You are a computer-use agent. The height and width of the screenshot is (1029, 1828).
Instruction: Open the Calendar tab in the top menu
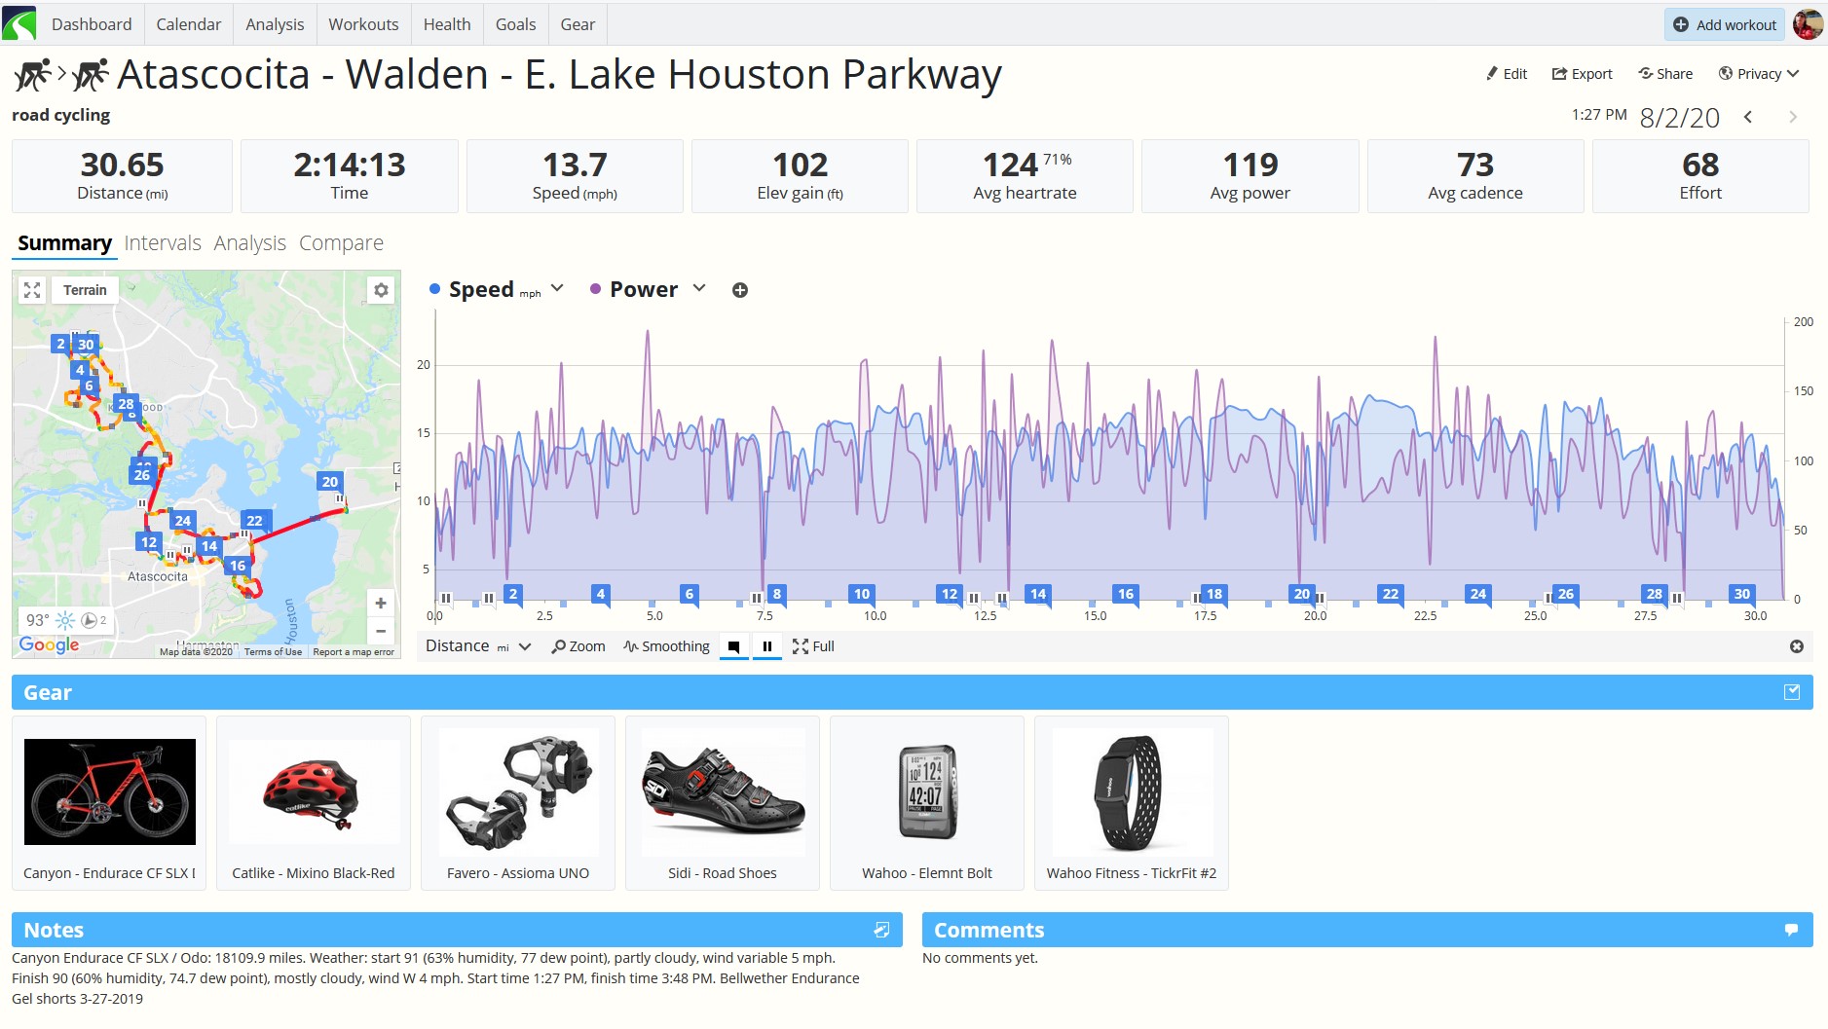(x=188, y=24)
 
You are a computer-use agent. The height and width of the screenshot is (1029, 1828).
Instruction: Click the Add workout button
(x=1724, y=24)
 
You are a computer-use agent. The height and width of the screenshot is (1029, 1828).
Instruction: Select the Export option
(x=1582, y=74)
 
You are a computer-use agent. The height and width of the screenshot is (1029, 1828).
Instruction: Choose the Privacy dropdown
(x=1758, y=74)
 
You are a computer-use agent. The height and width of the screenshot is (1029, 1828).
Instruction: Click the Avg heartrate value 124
(x=1010, y=165)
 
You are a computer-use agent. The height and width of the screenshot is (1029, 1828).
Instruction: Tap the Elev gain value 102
(x=800, y=165)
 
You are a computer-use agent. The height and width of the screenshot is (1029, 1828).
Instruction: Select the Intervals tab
(x=163, y=242)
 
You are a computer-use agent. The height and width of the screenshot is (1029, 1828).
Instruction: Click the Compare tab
(x=341, y=242)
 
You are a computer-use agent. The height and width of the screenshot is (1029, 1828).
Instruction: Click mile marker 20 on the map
(x=330, y=482)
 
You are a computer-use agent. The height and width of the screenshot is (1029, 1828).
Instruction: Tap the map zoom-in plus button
(x=381, y=603)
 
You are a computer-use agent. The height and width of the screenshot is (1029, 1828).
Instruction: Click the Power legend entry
(x=644, y=289)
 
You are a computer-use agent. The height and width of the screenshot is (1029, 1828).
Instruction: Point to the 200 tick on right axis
(x=1804, y=322)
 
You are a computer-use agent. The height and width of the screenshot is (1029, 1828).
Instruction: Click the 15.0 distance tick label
(x=1096, y=616)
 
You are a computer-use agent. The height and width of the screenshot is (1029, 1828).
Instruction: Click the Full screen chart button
(x=813, y=646)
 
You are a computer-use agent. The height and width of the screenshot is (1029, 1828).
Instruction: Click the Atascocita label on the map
(x=158, y=576)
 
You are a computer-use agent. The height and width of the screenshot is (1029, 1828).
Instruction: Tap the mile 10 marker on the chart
(x=862, y=594)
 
